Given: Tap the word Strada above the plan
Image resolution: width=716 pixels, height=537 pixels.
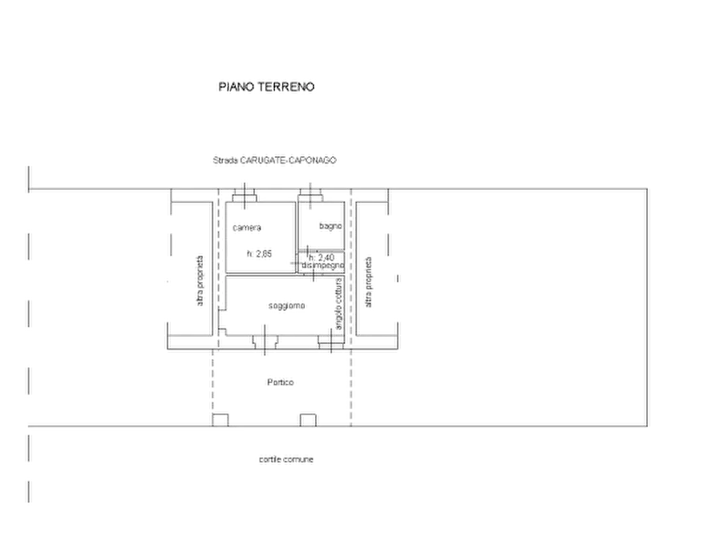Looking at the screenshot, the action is pyautogui.click(x=225, y=160).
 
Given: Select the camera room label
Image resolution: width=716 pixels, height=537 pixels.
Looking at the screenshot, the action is pyautogui.click(x=247, y=228).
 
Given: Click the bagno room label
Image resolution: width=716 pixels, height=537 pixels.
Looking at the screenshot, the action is pyautogui.click(x=330, y=226).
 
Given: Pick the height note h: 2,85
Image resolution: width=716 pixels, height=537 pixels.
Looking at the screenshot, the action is pyautogui.click(x=259, y=254).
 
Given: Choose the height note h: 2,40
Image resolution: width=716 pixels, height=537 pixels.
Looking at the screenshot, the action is pyautogui.click(x=322, y=258).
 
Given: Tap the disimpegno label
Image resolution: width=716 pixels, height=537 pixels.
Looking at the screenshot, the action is pyautogui.click(x=323, y=265).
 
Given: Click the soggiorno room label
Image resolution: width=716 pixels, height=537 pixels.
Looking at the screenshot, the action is pyautogui.click(x=286, y=306).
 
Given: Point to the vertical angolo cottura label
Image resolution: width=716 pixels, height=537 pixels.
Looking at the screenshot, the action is pyautogui.click(x=338, y=304).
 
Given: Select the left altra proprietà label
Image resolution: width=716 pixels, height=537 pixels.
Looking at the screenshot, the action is pyautogui.click(x=200, y=281).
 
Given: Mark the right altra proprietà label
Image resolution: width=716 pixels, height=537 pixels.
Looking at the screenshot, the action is pyautogui.click(x=369, y=282).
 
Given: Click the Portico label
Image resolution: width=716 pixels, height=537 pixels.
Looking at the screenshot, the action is pyautogui.click(x=281, y=382).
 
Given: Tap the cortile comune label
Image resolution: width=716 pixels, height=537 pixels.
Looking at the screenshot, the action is pyautogui.click(x=286, y=459).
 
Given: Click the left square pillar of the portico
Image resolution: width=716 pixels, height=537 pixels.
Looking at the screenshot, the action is pyautogui.click(x=220, y=420).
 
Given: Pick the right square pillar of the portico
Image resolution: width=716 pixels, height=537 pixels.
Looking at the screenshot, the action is pyautogui.click(x=308, y=420).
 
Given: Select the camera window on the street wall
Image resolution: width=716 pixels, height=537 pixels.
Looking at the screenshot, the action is pyautogui.click(x=245, y=196).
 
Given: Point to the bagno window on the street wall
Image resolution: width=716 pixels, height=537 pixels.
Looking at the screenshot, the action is pyautogui.click(x=310, y=196).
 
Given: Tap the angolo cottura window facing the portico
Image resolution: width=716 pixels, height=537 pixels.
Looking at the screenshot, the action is pyautogui.click(x=331, y=342).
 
